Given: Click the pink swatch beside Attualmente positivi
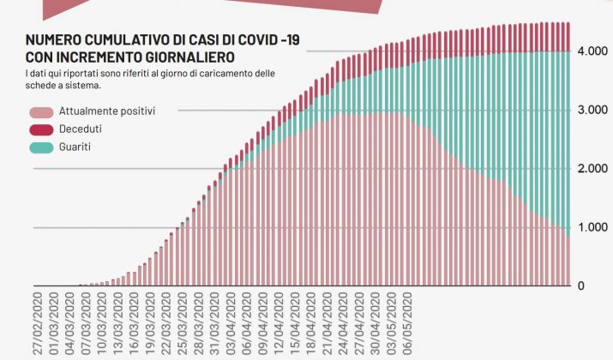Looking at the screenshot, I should tap(41, 112).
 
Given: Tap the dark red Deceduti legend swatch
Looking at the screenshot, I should tap(41, 129).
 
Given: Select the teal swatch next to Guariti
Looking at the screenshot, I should tap(41, 147).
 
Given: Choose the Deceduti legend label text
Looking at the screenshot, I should tap(81, 129).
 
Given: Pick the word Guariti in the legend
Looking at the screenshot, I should tap(76, 147).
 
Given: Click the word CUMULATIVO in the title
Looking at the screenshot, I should tap(121, 40).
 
